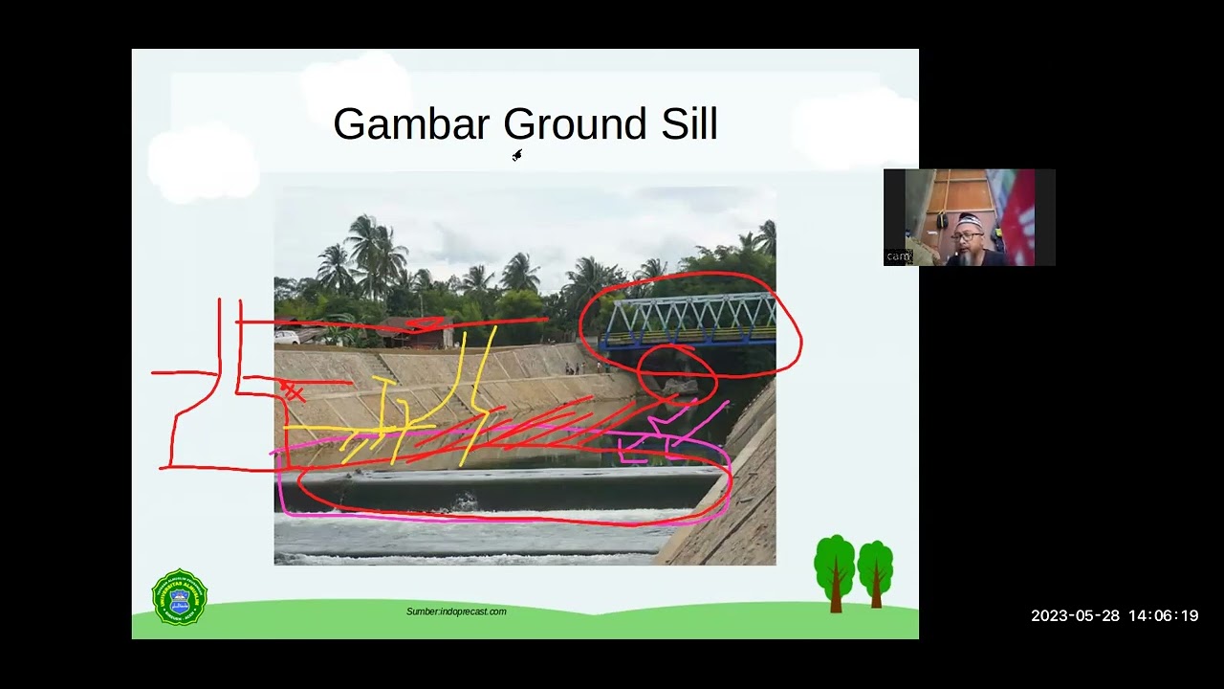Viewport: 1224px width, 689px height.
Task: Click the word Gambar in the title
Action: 410,124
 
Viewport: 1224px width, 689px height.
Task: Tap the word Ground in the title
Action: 575,124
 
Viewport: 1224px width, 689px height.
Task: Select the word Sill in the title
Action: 688,124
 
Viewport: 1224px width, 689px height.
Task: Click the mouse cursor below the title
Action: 516,155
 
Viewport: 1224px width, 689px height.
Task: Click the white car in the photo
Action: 287,337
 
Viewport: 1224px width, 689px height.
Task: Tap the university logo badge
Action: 180,597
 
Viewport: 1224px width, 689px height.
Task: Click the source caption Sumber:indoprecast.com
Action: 456,611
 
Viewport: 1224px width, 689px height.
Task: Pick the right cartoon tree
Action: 875,571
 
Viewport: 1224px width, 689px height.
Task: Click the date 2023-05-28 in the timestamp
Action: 1075,616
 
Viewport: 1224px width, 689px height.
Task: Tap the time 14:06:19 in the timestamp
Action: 1163,616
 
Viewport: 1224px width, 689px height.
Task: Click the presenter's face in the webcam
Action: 967,239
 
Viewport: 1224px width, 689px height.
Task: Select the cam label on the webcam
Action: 897,256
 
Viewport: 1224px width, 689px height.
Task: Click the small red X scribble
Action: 294,392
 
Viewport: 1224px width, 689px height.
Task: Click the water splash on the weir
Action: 466,500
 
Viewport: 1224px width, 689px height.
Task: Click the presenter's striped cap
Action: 969,221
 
